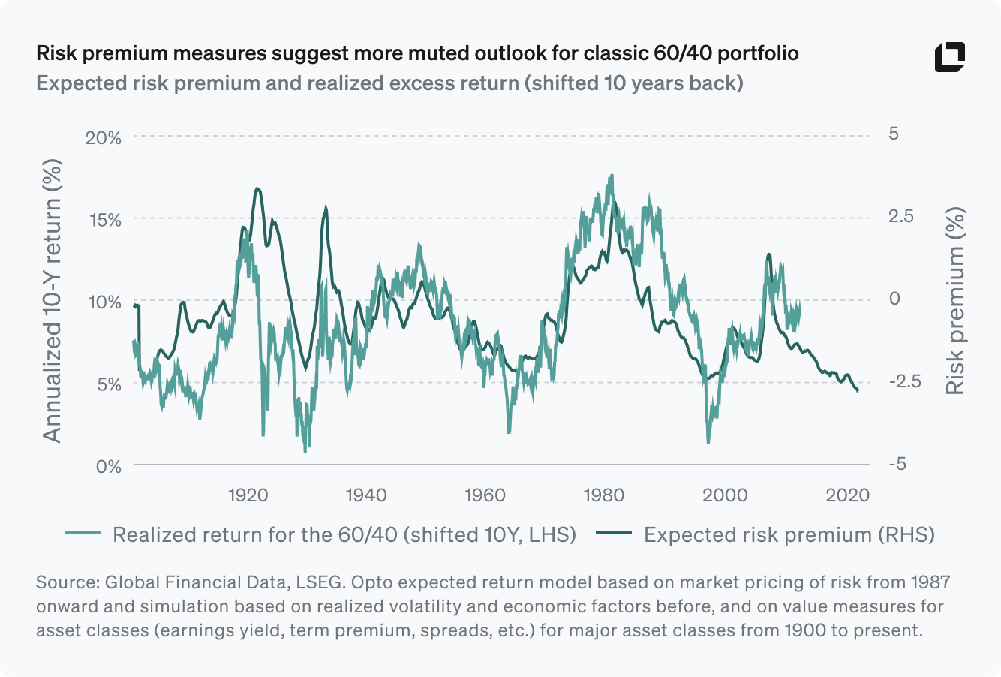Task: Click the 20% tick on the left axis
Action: pos(104,138)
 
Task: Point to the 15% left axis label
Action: pos(104,220)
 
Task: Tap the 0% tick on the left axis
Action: pos(109,466)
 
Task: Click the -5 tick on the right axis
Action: pos(897,464)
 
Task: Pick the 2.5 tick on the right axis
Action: pos(901,216)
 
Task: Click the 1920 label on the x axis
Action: pos(248,495)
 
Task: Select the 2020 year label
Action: pos(848,495)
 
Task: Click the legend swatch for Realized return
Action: pos(83,534)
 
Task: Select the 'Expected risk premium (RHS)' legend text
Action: pos(789,534)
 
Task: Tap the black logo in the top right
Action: pos(949,58)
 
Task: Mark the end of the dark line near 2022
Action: pos(858,390)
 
